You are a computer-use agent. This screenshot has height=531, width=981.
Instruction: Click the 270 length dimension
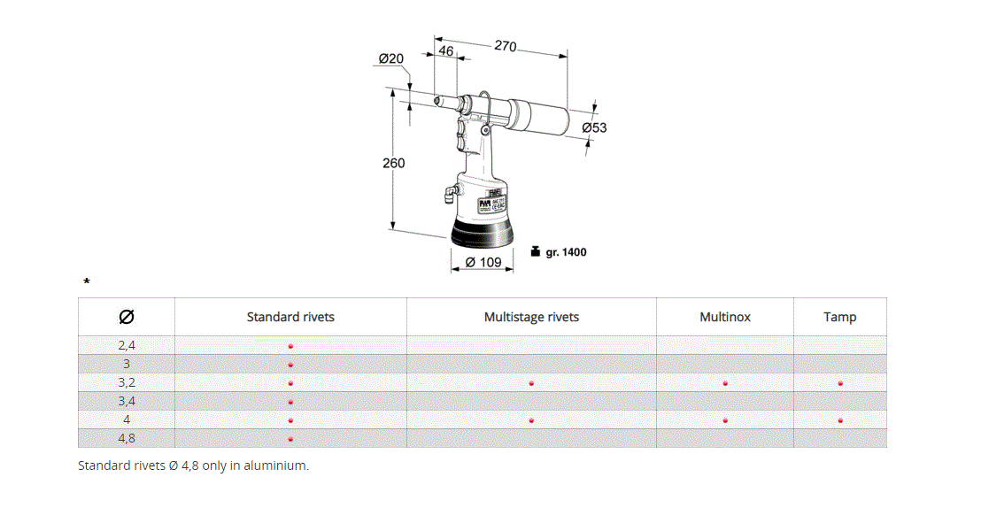pyautogui.click(x=505, y=46)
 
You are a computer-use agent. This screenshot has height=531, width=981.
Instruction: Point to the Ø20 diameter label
pyautogui.click(x=390, y=59)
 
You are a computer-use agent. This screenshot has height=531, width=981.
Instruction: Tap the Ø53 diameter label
pyautogui.click(x=594, y=128)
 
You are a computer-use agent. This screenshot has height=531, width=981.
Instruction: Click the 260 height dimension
pyautogui.click(x=393, y=163)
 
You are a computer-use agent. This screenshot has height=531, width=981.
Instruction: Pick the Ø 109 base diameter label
pyautogui.click(x=483, y=262)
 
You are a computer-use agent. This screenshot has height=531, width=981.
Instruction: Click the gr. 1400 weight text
pyautogui.click(x=566, y=252)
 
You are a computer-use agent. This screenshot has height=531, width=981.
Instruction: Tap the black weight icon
pyautogui.click(x=535, y=251)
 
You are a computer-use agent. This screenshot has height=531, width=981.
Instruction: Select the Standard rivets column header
pyautogui.click(x=290, y=317)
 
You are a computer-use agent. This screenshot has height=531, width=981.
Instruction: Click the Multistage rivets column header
pyautogui.click(x=531, y=317)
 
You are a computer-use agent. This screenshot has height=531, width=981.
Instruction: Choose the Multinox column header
pyautogui.click(x=725, y=317)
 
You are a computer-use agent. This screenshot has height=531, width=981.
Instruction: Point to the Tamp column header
pyautogui.click(x=839, y=317)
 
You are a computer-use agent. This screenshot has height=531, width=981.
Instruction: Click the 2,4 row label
pyautogui.click(x=127, y=345)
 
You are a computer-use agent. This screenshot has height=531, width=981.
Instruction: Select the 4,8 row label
pyautogui.click(x=127, y=438)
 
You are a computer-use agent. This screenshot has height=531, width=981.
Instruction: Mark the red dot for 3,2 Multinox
pyautogui.click(x=725, y=383)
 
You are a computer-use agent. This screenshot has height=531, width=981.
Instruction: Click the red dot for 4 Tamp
pyautogui.click(x=839, y=420)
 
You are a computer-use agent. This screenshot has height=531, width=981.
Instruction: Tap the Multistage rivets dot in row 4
pyautogui.click(x=531, y=420)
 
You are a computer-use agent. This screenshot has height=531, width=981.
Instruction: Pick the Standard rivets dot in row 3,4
pyautogui.click(x=290, y=402)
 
